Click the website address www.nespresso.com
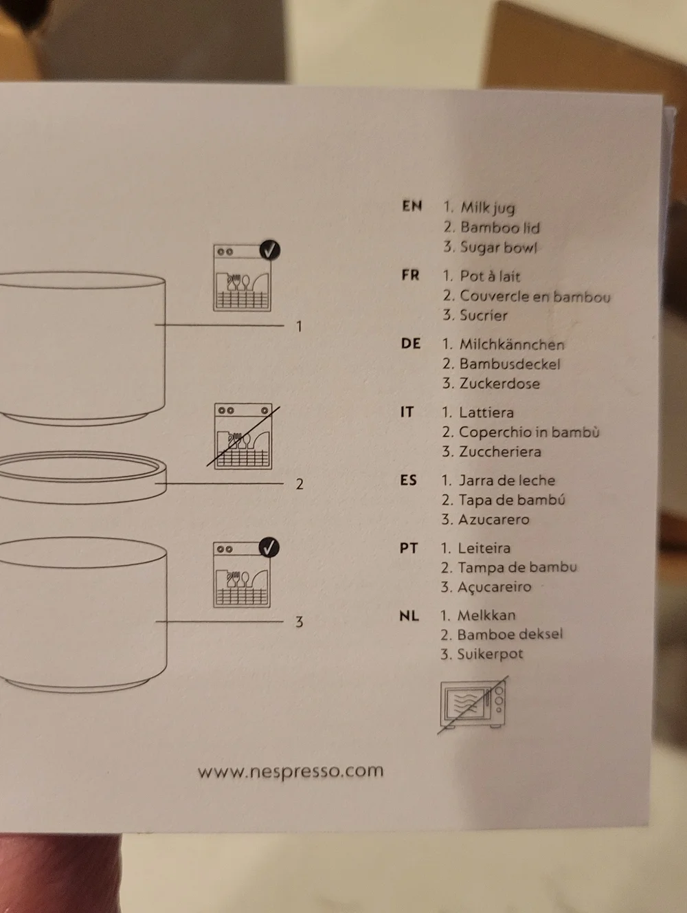[291, 771]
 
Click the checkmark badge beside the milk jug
[270, 250]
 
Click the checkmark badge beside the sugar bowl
[269, 547]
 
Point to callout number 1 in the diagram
[299, 327]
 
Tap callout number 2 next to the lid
[300, 484]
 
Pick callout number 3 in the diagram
[300, 621]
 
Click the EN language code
[412, 206]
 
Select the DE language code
[411, 344]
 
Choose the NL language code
[409, 615]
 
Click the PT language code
[409, 548]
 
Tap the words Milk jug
[488, 207]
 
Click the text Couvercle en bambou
[535, 296]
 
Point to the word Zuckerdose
[499, 383]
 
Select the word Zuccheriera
[500, 451]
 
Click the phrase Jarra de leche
[506, 481]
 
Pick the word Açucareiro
[495, 587]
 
